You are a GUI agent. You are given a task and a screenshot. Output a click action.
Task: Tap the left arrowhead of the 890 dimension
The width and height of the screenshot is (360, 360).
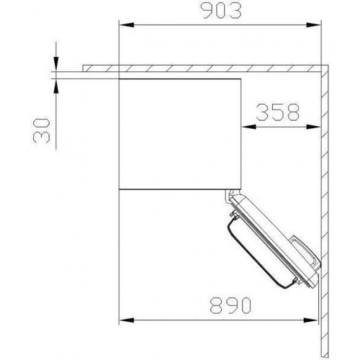point(123,320)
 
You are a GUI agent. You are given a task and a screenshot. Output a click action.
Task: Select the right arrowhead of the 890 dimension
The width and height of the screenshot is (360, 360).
point(315,320)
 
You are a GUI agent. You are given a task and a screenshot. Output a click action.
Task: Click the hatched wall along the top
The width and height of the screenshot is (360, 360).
point(202,68)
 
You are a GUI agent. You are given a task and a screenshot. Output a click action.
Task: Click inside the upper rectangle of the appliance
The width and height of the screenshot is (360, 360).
point(180,130)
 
